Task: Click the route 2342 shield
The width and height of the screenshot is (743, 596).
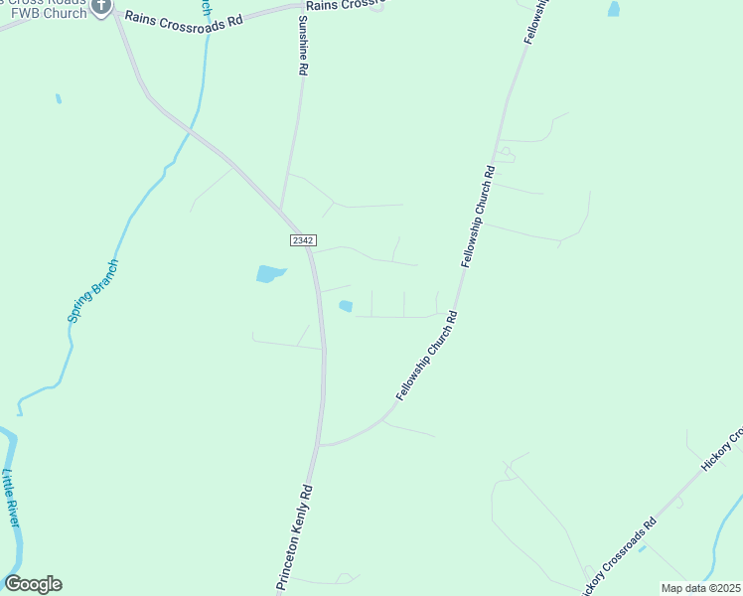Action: point(303,240)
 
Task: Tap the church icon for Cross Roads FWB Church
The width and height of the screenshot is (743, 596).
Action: point(100,6)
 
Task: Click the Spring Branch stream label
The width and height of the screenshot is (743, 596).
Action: point(93,290)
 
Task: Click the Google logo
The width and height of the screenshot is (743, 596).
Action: point(33,584)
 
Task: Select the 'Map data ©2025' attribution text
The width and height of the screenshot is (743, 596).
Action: point(700,588)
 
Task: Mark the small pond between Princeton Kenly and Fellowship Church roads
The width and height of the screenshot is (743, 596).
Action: point(346,306)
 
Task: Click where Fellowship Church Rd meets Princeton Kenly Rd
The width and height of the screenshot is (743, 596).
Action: point(320,444)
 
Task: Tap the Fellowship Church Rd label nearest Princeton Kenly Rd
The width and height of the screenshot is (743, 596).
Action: point(427,356)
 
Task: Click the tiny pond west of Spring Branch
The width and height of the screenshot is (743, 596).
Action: point(59,98)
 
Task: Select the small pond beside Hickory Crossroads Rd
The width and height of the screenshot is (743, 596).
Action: point(642,548)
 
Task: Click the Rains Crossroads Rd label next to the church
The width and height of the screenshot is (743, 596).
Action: point(185,20)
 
